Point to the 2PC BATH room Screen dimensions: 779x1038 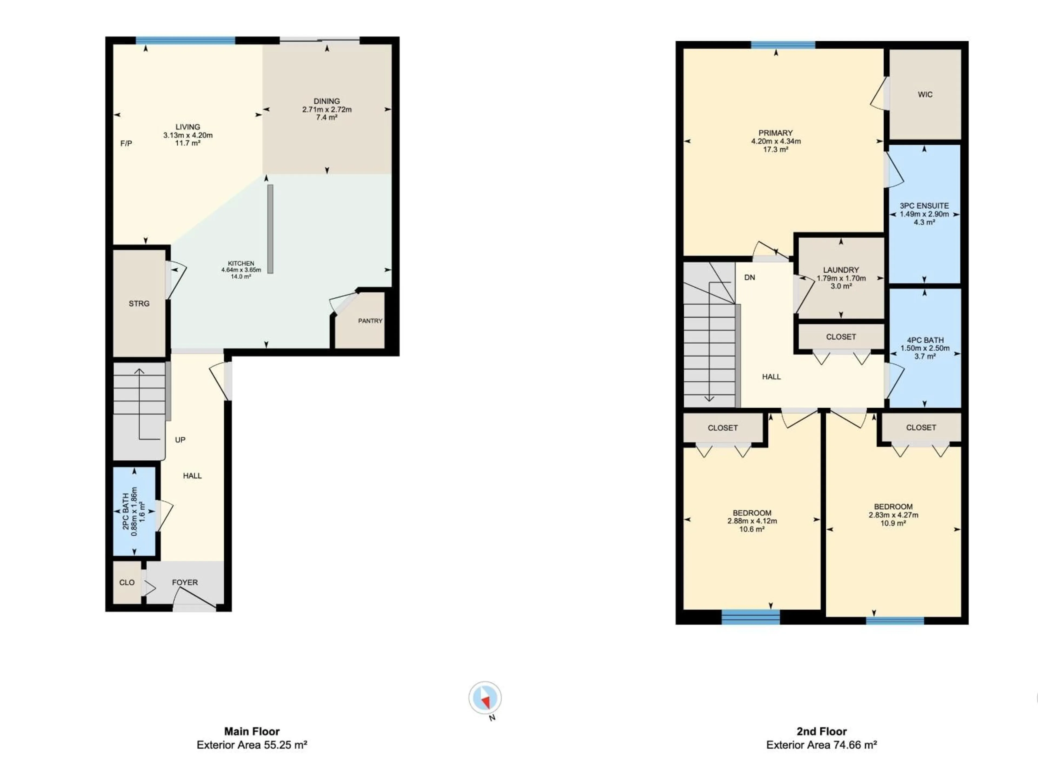click(134, 511)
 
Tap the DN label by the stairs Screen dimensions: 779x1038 click(749, 278)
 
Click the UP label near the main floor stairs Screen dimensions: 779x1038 click(180, 440)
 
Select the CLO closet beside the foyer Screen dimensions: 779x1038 click(127, 583)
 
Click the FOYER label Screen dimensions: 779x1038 click(185, 583)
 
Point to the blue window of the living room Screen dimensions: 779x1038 click(185, 40)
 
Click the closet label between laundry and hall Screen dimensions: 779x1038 click(841, 337)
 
